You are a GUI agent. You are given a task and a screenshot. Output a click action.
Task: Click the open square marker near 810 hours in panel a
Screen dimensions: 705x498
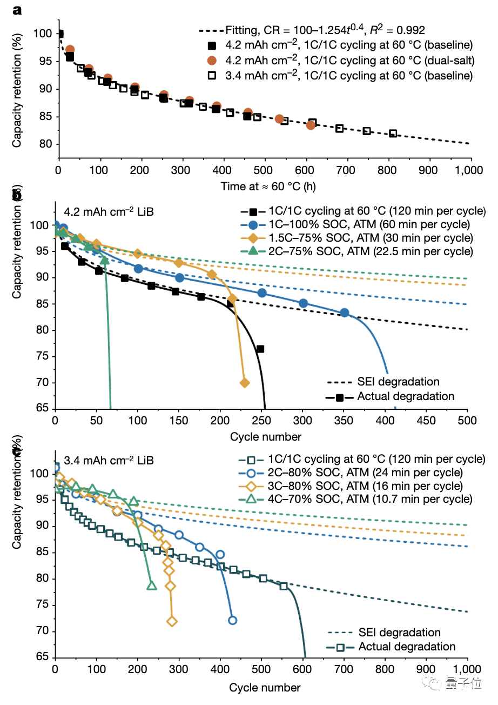393,133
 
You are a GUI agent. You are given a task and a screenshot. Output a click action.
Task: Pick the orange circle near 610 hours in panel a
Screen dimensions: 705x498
311,125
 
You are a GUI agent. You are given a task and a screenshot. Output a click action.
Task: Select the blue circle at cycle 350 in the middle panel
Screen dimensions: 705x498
344,312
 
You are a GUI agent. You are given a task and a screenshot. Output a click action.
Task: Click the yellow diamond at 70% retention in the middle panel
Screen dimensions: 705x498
244,383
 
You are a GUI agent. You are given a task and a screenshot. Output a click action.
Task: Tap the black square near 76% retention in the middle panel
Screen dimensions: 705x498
260,349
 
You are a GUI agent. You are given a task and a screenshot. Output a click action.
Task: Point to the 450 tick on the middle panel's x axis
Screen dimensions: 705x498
426,421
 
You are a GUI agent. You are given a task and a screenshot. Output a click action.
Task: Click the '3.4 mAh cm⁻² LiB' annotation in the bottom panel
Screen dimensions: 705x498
109,461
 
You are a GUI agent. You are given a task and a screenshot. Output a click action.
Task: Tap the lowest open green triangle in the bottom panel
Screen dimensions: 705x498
152,586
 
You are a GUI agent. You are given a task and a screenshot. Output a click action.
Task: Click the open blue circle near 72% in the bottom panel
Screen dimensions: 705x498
232,620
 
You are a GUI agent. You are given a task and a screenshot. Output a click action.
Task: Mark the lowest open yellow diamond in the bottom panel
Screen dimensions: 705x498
172,622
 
